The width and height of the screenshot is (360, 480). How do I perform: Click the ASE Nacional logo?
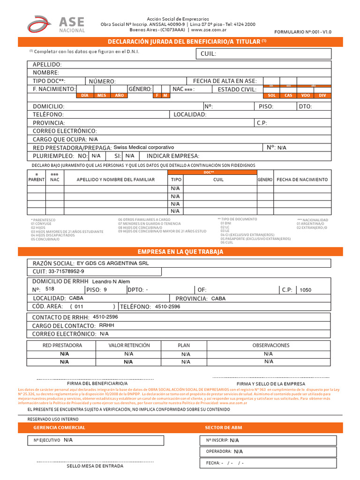56,24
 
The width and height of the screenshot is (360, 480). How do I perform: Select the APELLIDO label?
47,64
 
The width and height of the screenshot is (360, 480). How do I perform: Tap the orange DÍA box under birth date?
85,95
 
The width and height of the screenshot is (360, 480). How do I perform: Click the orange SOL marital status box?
271,95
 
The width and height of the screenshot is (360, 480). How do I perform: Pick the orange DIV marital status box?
322,95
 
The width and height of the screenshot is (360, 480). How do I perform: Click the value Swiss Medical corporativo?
147,147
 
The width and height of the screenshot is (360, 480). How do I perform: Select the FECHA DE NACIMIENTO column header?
302,180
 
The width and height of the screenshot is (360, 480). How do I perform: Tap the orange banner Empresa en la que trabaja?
180,252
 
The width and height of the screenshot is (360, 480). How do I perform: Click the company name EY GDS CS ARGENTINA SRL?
112,263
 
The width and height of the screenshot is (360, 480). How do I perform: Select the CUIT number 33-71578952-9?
66,271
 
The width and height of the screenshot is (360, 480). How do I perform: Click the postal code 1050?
305,290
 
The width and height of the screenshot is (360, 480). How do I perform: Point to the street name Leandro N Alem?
111,281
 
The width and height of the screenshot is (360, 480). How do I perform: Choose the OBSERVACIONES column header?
271,345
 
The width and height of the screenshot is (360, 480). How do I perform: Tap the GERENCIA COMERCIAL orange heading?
59,427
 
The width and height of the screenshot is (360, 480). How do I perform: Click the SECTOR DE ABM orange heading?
224,427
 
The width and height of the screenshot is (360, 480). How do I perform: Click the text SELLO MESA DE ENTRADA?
95,466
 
